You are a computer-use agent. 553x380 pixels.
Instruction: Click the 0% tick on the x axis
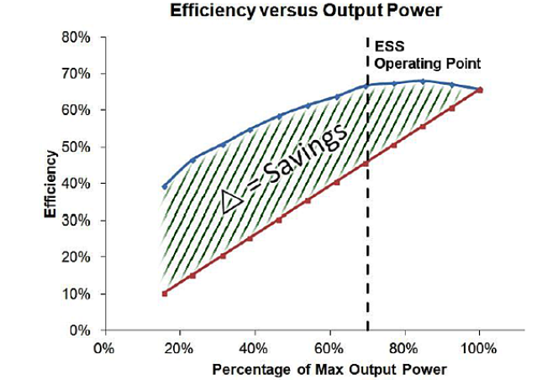click(x=104, y=346)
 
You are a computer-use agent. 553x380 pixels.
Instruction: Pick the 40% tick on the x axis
click(x=254, y=346)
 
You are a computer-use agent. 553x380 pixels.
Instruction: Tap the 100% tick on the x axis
click(x=479, y=346)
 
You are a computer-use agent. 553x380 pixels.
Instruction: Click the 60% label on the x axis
click(x=329, y=346)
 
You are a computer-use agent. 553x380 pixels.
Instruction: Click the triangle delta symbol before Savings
click(x=233, y=202)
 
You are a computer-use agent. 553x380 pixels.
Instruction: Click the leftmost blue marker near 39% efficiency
click(x=165, y=187)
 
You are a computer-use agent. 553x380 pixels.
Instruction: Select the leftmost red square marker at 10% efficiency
click(x=165, y=294)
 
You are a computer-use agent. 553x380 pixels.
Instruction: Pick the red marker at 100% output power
click(x=480, y=90)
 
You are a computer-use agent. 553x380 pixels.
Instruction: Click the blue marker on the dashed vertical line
click(x=367, y=86)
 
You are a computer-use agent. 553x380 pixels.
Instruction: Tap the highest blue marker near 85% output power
click(x=423, y=81)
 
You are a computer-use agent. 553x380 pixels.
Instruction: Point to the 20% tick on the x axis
click(x=179, y=346)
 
